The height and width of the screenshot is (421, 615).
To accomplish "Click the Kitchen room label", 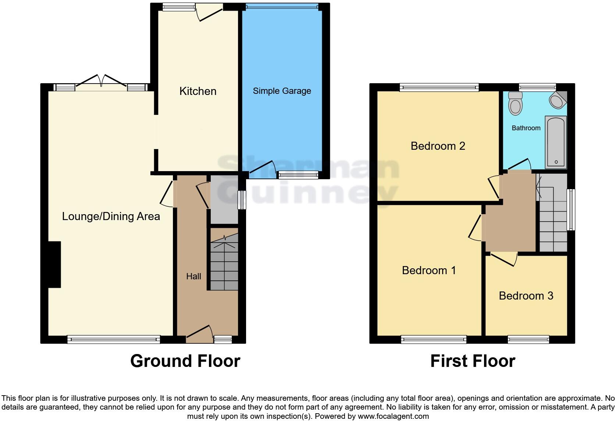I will coord(198,91).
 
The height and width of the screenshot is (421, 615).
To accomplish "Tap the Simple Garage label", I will coord(282,91).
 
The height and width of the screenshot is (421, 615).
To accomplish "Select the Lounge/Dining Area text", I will coord(111,216).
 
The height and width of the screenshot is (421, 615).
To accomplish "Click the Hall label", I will coord(193,276).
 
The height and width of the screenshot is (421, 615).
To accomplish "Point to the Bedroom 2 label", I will coord(438,146).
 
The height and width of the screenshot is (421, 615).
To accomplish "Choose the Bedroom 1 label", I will coord(429,270).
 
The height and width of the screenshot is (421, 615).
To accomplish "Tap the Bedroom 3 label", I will coord(526,296).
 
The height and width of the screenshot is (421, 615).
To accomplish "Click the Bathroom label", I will coord(526,128).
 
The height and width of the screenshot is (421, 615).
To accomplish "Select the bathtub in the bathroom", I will coord(556,142).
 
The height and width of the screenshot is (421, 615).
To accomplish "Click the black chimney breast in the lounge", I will coord(54,264).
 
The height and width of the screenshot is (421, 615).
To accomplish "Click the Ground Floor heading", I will coord(185,361).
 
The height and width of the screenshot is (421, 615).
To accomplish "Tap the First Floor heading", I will coord(473,361).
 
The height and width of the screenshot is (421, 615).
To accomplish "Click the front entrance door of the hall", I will coord(200,333).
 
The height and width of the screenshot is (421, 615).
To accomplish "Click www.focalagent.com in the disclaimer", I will coord(393,417).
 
